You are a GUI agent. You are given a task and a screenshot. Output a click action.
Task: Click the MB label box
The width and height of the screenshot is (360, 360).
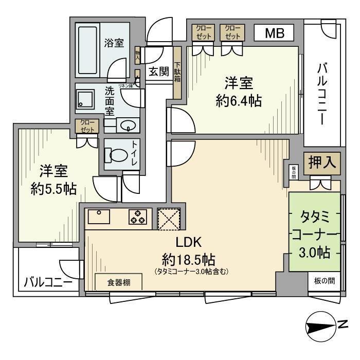[273, 33]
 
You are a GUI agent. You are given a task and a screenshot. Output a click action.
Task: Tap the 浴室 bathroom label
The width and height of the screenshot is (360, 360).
[114, 43]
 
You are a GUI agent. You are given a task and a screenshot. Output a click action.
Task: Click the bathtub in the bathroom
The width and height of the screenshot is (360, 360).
[89, 50]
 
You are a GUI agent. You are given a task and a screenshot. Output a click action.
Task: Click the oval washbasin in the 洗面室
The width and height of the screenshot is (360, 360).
[127, 124]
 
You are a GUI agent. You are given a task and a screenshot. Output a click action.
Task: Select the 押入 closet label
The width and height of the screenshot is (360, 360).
[322, 163]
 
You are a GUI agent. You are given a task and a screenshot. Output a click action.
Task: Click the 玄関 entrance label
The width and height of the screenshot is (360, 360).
[159, 71]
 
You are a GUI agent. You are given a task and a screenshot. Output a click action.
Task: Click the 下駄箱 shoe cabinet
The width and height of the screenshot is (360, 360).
[177, 72]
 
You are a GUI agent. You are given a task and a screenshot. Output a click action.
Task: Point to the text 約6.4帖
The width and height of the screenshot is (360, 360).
[238, 101]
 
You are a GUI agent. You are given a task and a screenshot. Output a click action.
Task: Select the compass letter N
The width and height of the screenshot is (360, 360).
[343, 325]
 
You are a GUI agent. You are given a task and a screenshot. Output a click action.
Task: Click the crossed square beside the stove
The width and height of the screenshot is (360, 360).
[168, 218]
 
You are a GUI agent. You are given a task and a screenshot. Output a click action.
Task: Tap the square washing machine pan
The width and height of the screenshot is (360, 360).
[85, 100]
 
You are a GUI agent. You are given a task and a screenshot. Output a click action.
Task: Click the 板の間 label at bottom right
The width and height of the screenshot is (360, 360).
[324, 281]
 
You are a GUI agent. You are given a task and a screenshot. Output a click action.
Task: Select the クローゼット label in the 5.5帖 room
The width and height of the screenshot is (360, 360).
[84, 126]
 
